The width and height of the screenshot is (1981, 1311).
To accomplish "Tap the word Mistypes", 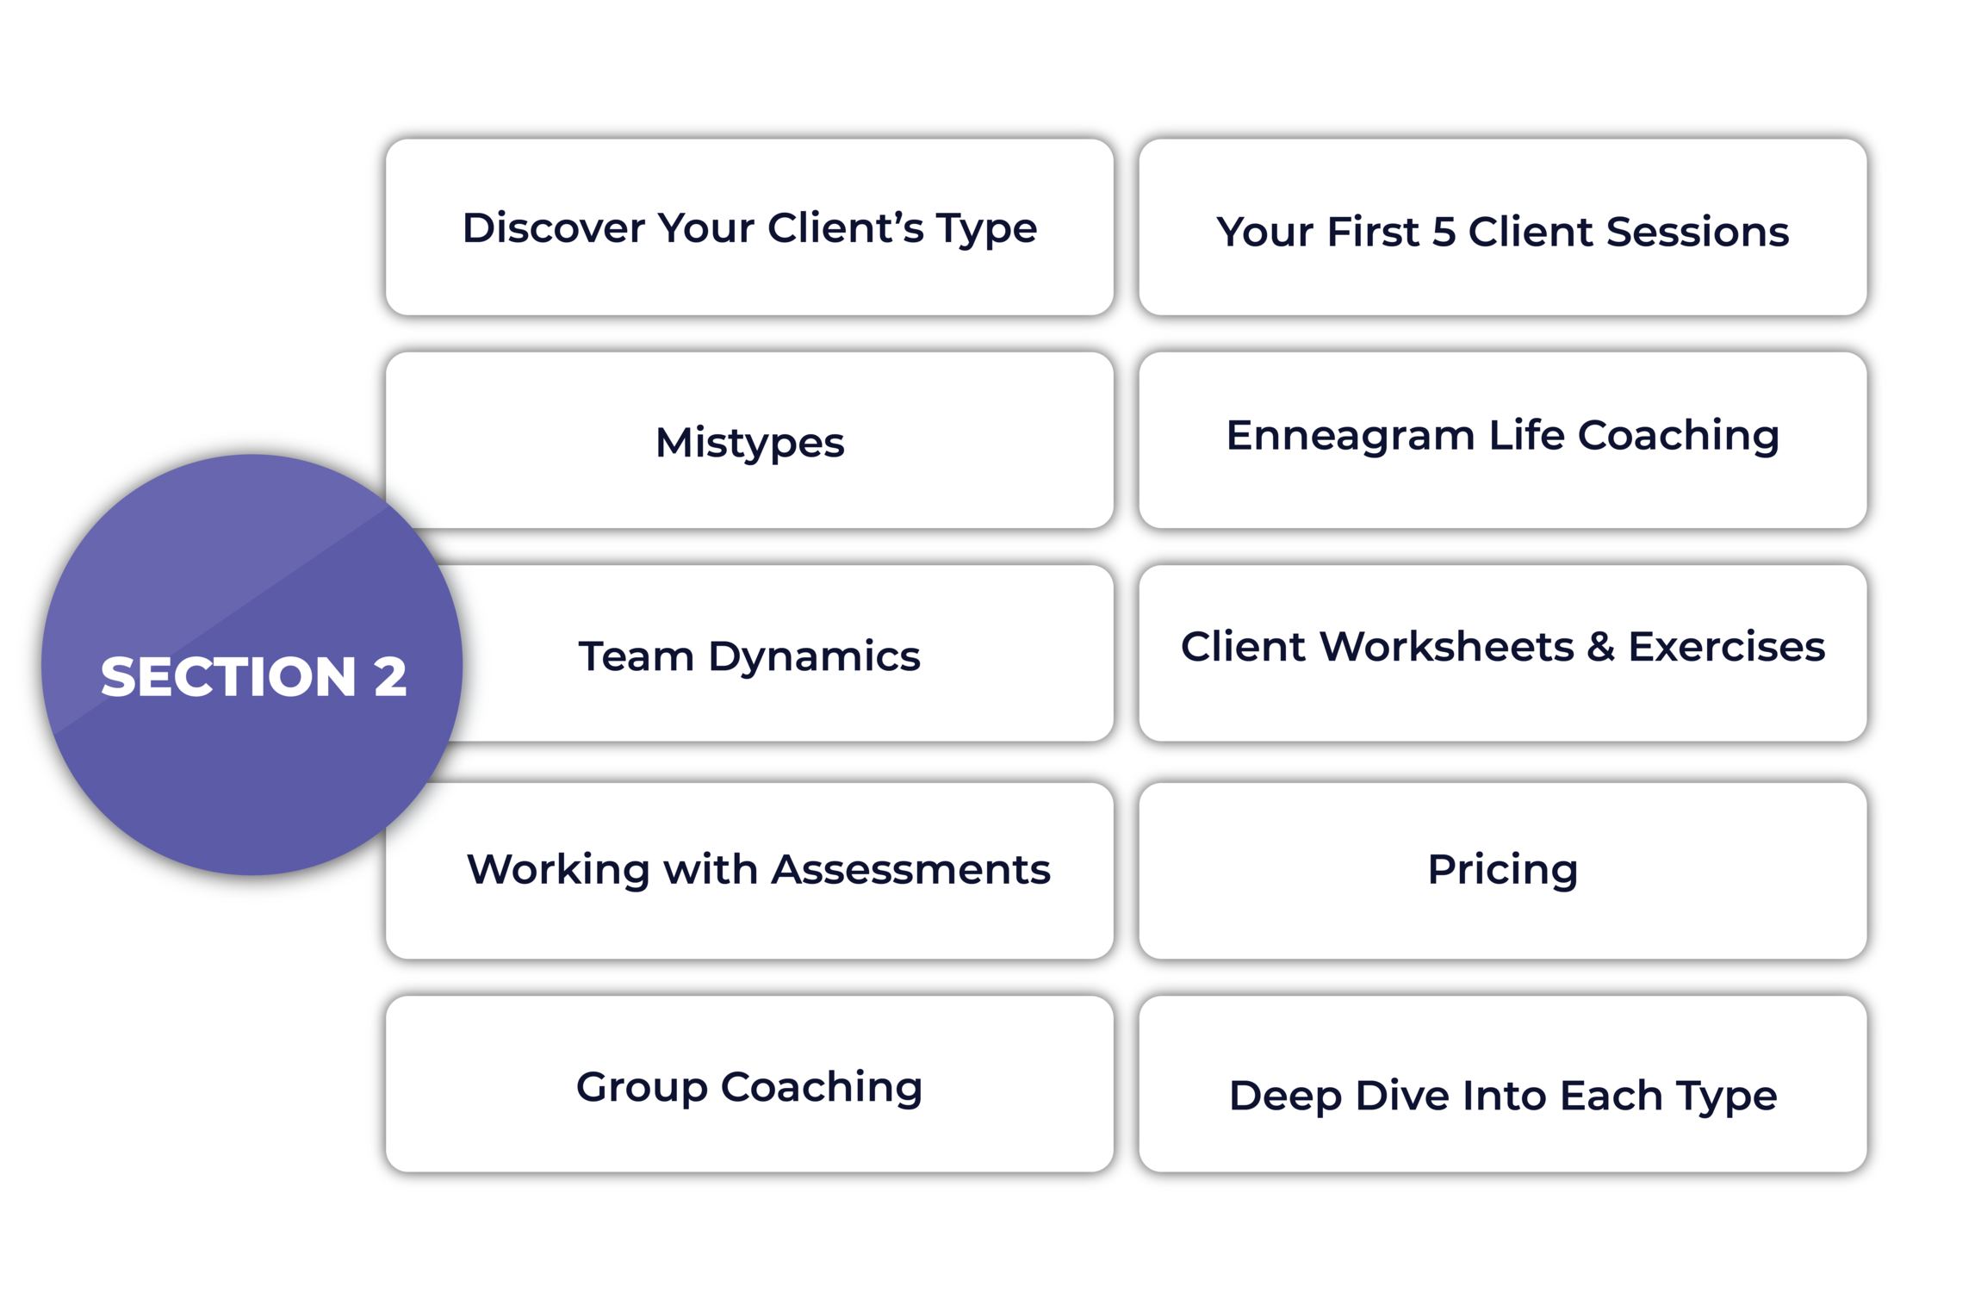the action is point(749,443).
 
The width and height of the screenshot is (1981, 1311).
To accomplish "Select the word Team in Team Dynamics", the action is point(636,656).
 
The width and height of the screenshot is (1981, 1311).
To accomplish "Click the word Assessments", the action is point(910,869).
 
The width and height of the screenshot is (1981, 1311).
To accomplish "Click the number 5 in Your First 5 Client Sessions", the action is point(1443,232).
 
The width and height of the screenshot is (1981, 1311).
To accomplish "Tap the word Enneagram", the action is point(1350,436).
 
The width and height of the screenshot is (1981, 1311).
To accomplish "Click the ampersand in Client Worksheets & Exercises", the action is point(1600,647).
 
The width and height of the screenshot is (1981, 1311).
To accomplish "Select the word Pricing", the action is point(1502,870).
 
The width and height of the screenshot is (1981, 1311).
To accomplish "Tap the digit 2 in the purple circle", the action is point(389,676).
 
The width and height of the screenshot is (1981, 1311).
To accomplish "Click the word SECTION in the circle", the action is point(228,676).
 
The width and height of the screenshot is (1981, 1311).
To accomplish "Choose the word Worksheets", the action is point(1446,647).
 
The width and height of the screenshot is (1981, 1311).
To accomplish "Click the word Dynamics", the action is point(814,656).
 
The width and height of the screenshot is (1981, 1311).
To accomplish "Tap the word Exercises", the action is point(1726,647).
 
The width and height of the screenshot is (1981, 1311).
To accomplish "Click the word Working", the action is point(557,869).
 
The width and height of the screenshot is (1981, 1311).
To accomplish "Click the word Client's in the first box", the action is point(845,228).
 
